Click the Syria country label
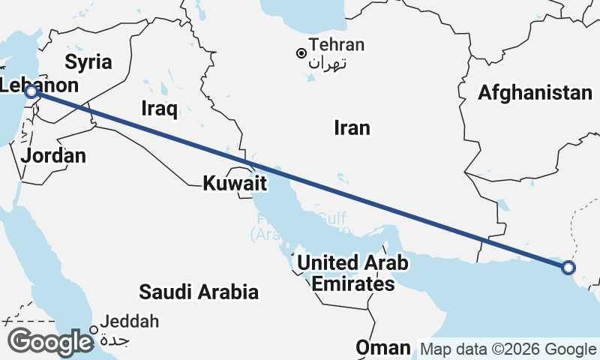pyautogui.click(x=88, y=61)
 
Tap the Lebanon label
pyautogui.click(x=39, y=85)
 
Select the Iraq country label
pyautogui.click(x=159, y=109)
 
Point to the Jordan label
pyautogui.click(x=53, y=156)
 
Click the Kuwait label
pyautogui.click(x=235, y=181)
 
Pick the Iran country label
pyautogui.click(x=352, y=128)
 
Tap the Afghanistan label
pyautogui.click(x=535, y=93)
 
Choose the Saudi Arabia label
pyautogui.click(x=199, y=292)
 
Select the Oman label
pyautogui.click(x=383, y=348)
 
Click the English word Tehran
pyautogui.click(x=337, y=45)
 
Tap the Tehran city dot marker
pyautogui.click(x=301, y=53)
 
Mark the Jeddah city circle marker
pyautogui.click(x=94, y=329)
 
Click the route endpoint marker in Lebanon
pyautogui.click(x=31, y=91)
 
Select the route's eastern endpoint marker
pyautogui.click(x=568, y=267)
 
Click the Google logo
pyautogui.click(x=51, y=342)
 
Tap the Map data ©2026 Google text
pyautogui.click(x=508, y=349)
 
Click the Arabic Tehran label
pyautogui.click(x=327, y=62)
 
